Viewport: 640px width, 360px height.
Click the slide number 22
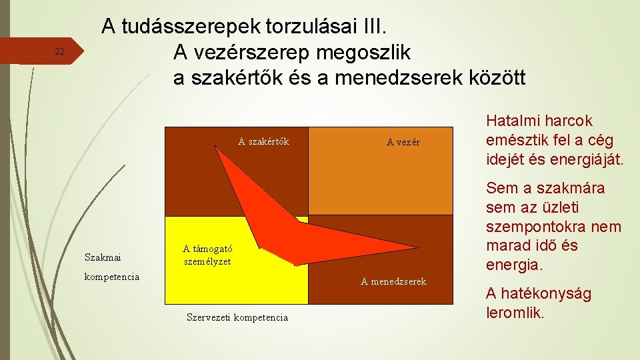pyautogui.click(x=59, y=52)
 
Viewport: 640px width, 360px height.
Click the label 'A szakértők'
pyautogui.click(x=263, y=141)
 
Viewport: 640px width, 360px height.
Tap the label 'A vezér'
pyautogui.click(x=403, y=142)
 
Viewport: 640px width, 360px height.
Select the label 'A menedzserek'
pyautogui.click(x=393, y=281)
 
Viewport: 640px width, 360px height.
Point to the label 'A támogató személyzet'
pyautogui.click(x=207, y=255)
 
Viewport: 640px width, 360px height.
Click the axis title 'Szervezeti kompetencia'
pyautogui.click(x=237, y=317)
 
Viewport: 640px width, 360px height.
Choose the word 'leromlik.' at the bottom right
pyautogui.click(x=515, y=312)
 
